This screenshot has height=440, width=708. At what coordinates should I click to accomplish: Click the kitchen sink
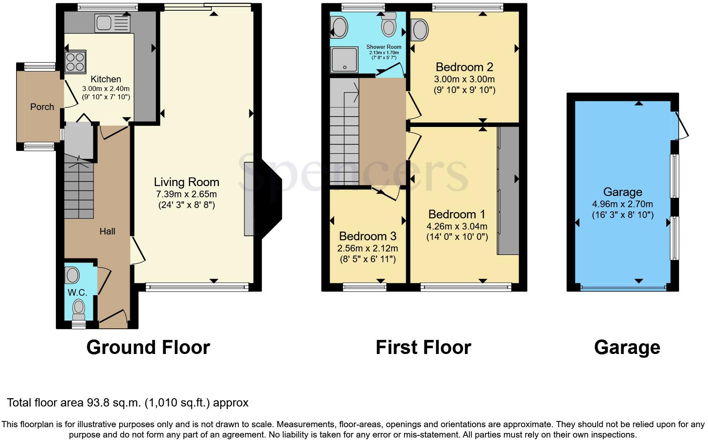(112, 23)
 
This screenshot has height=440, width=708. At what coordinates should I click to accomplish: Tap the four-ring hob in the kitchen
(75, 62)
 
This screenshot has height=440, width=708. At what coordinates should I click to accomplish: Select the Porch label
(42, 107)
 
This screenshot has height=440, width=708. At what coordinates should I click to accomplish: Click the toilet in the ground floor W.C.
(79, 309)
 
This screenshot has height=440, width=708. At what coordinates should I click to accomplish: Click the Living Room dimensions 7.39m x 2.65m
(187, 194)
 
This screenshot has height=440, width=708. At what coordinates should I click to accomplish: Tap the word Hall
(107, 232)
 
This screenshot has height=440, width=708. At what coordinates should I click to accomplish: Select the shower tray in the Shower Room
(344, 60)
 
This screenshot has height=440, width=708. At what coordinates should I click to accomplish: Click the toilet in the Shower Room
(389, 24)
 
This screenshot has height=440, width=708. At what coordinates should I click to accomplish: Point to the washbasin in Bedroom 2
(420, 30)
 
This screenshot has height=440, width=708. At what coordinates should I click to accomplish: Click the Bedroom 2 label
(464, 67)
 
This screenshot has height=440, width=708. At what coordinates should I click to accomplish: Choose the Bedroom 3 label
(368, 236)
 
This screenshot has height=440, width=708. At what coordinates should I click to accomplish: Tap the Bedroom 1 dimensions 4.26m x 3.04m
(457, 226)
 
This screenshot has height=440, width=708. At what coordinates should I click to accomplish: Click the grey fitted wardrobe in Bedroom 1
(508, 191)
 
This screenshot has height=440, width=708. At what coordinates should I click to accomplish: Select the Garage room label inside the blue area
(623, 192)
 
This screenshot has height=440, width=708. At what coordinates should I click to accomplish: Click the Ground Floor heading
(148, 347)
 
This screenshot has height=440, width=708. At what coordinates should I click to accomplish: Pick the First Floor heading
(423, 347)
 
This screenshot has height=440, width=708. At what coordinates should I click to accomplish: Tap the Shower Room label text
(384, 47)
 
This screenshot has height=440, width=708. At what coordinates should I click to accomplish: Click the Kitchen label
(106, 79)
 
